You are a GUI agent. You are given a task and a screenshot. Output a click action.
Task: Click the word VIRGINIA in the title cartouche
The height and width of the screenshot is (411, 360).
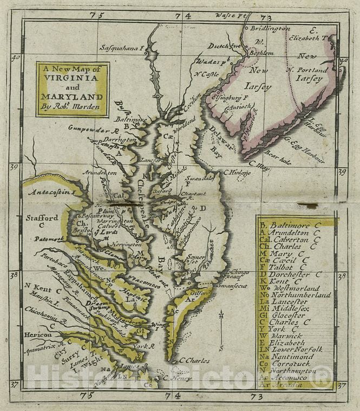point(73,78)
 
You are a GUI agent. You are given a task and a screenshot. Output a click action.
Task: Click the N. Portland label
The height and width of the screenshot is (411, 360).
point(307,70)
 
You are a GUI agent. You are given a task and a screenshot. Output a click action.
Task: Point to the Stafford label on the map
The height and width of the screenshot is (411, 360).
point(42,218)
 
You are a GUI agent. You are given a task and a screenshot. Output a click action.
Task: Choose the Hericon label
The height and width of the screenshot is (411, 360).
point(38,335)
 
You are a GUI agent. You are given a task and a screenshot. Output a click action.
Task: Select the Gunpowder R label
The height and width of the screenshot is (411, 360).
point(93,129)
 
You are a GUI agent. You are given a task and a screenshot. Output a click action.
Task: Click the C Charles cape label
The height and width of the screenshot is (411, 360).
point(193,360)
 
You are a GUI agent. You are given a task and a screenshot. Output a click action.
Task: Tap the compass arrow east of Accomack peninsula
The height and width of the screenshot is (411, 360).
point(221,324)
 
